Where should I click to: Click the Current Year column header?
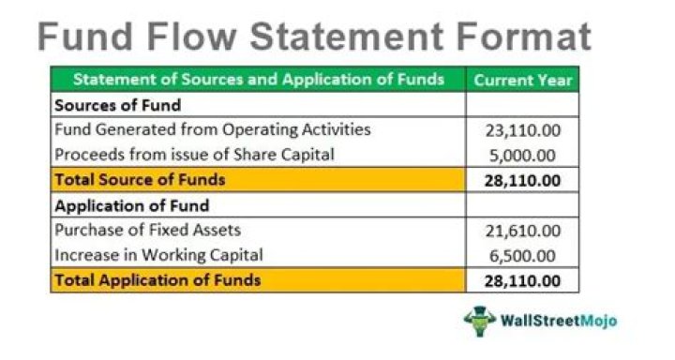coord(522,80)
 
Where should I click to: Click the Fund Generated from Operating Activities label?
coord(213,129)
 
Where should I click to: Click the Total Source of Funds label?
coord(140,179)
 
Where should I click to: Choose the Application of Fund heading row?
coord(131,204)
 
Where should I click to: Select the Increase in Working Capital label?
coord(158,254)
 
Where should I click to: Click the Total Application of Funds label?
coord(157,279)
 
